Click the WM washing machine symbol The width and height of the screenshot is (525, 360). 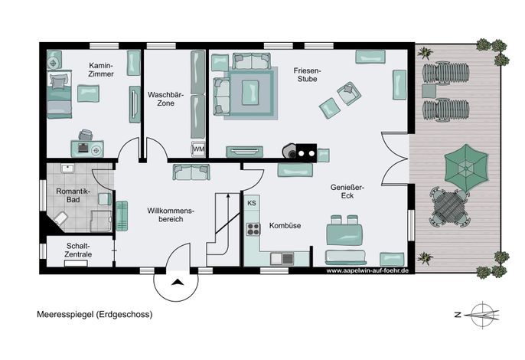(198, 149)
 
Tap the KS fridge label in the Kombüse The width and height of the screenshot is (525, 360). (252, 203)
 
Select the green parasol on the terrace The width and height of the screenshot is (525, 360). (466, 167)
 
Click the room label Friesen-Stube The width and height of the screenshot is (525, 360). (307, 75)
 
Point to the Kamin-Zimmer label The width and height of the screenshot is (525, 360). (101, 70)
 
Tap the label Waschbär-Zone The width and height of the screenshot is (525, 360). (166, 99)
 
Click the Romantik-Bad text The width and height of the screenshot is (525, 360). (73, 195)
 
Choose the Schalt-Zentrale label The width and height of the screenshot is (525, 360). (78, 250)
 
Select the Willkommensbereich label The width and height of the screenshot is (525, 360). (171, 215)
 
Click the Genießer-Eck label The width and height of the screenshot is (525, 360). (347, 191)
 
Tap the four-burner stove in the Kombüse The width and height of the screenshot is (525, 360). (253, 229)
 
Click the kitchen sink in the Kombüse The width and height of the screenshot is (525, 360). (282, 258)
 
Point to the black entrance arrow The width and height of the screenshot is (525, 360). (177, 282)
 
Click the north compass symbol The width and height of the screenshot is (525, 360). (481, 314)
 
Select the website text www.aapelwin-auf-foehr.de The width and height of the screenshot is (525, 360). (367, 270)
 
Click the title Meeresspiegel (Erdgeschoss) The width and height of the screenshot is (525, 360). (95, 314)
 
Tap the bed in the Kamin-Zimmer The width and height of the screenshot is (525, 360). (59, 94)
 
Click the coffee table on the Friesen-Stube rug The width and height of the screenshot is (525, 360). (250, 92)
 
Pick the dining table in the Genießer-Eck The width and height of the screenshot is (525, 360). (344, 234)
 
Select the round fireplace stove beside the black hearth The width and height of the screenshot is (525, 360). (289, 150)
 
